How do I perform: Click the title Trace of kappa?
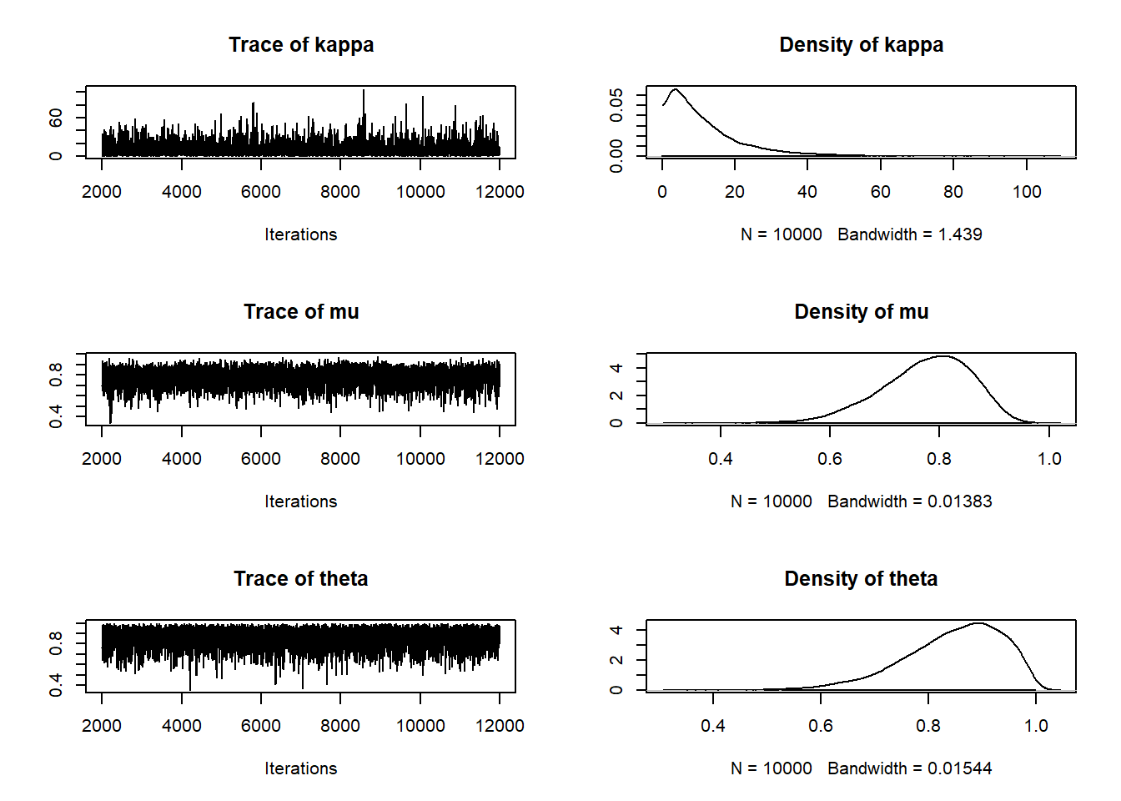[301, 45]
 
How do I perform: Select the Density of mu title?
[861, 312]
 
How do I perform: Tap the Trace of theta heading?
[300, 579]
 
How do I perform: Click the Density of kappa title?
[861, 45]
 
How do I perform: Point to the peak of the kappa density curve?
[675, 89]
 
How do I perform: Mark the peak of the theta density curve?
[978, 623]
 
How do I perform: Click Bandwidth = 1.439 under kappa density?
[909, 234]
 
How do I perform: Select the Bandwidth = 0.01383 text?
[909, 501]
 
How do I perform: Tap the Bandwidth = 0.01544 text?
[909, 768]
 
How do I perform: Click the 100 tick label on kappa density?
[1027, 192]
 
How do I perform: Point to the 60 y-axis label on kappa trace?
[56, 118]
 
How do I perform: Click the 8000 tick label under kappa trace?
[340, 192]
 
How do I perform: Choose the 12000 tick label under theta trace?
[500, 726]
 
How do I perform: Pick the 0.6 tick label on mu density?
[830, 459]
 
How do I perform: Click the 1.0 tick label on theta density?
[1036, 726]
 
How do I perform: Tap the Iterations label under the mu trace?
[301, 501]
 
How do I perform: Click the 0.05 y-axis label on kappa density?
[616, 105]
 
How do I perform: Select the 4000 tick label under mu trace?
[182, 459]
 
